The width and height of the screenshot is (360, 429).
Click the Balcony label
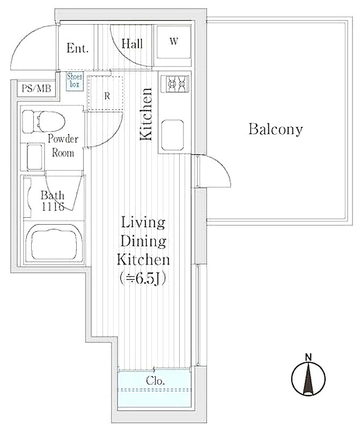275,129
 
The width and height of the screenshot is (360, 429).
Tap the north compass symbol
308,379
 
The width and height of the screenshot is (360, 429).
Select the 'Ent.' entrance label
77,48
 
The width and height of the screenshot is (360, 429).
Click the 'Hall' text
132,44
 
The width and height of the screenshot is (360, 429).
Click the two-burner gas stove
175,83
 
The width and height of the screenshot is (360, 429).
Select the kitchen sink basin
172,135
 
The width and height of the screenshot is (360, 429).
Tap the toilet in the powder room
43,122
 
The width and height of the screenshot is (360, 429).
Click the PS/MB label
36,88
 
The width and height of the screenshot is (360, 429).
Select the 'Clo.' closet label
155,381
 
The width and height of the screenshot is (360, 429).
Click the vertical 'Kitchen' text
146,114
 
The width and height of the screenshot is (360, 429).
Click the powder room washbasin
35,157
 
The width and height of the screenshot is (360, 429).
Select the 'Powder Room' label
63,145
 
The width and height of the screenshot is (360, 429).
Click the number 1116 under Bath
53,206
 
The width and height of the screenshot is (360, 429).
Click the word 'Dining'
143,241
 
